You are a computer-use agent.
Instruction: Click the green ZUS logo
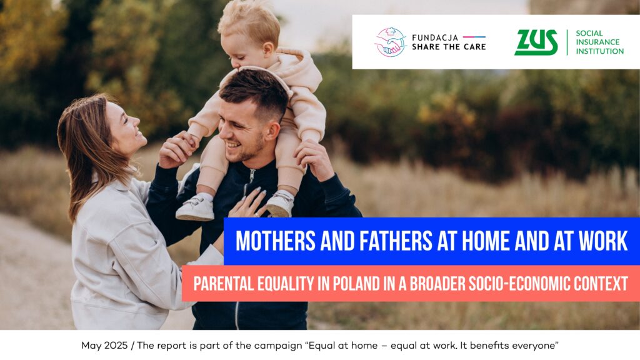point(536,42)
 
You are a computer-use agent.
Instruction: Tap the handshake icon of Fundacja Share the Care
point(391,42)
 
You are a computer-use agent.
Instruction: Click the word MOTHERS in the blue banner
point(276,241)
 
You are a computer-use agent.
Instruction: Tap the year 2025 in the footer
point(116,346)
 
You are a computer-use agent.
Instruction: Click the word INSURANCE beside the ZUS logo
point(597,42)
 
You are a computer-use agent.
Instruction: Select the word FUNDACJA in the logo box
point(435,37)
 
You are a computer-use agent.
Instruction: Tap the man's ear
point(271,131)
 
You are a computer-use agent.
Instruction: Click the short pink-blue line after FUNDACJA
point(474,37)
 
